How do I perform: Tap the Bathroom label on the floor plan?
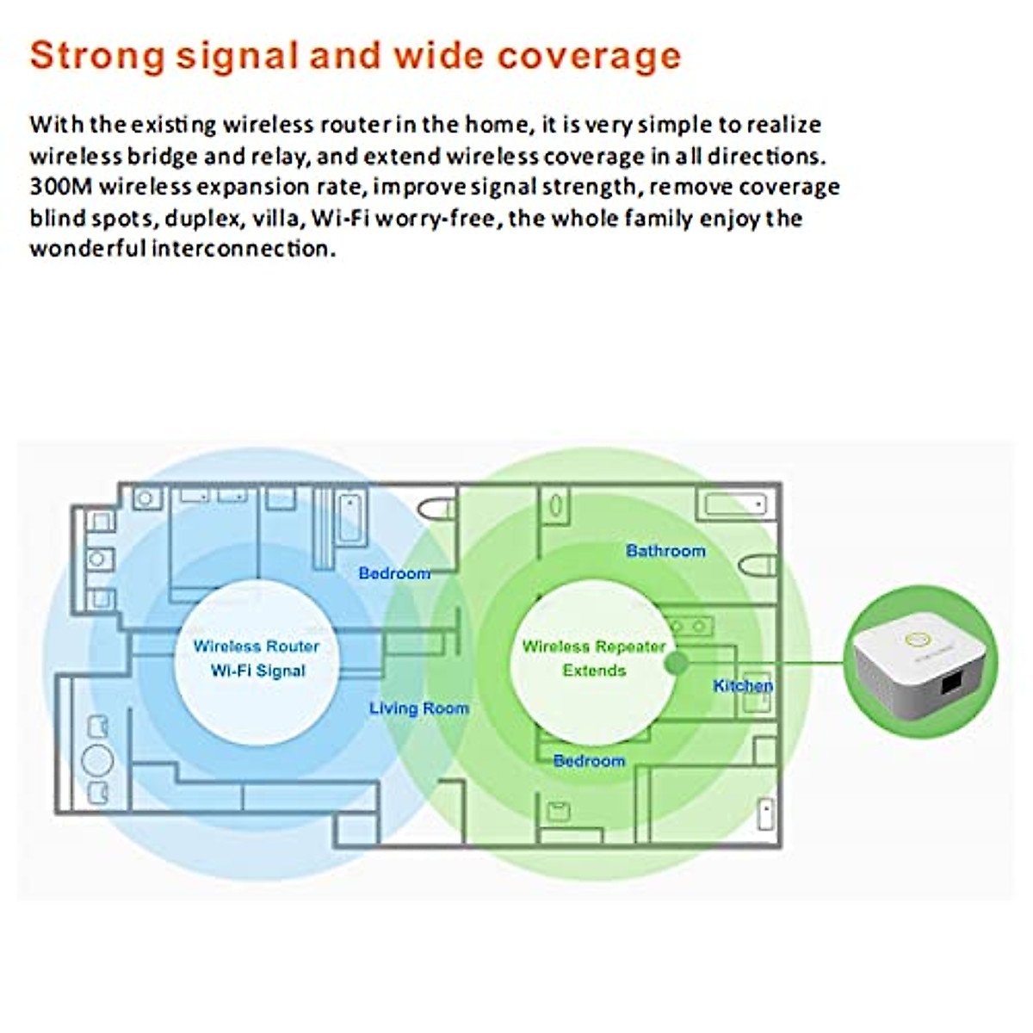tap(665, 551)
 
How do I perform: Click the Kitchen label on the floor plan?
tap(743, 685)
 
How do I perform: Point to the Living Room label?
tap(419, 708)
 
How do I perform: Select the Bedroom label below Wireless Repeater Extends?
tap(589, 761)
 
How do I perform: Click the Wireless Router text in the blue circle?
tap(257, 646)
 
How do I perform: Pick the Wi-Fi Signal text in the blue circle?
tap(258, 671)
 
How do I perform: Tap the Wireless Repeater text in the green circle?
tap(594, 646)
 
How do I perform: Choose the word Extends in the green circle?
tap(594, 671)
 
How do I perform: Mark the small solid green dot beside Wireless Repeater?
tap(677, 662)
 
